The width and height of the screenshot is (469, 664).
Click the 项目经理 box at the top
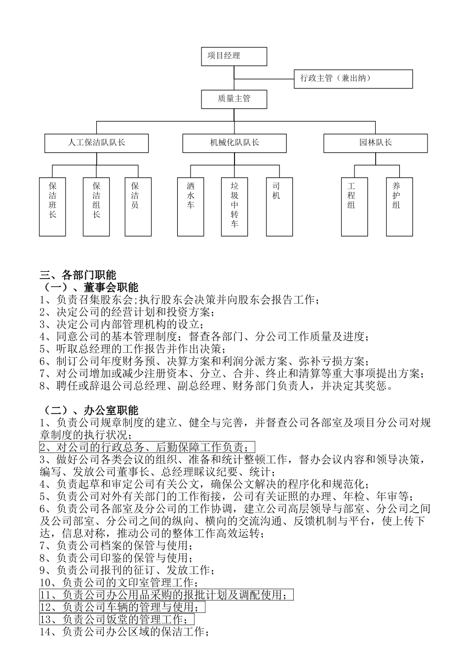coord(234,56)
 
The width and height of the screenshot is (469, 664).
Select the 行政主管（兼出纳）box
coord(353,79)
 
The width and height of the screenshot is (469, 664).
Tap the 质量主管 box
coord(234,99)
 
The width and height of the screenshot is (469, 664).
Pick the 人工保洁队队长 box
coord(96,143)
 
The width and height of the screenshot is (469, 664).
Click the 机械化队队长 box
coord(234,143)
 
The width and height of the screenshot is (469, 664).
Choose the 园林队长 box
coord(375,143)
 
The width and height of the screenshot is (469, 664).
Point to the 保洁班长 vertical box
coord(52,207)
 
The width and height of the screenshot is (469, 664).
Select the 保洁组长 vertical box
coord(96,207)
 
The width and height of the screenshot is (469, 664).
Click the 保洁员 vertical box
coord(138,207)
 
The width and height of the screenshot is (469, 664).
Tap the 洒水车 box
coord(191,207)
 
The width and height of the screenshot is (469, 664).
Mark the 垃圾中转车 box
coord(234,207)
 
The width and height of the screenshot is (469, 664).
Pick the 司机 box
coord(276,207)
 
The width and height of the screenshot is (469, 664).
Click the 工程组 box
coord(354,207)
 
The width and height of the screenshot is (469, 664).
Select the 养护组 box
coord(399,207)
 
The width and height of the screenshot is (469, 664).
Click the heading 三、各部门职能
coord(78,276)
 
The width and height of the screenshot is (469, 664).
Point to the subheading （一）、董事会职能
coord(89,287)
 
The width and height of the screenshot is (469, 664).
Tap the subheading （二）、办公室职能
coord(89,410)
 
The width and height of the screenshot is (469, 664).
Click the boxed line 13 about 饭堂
coord(117,620)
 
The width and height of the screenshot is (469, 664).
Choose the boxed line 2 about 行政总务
coord(147,448)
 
